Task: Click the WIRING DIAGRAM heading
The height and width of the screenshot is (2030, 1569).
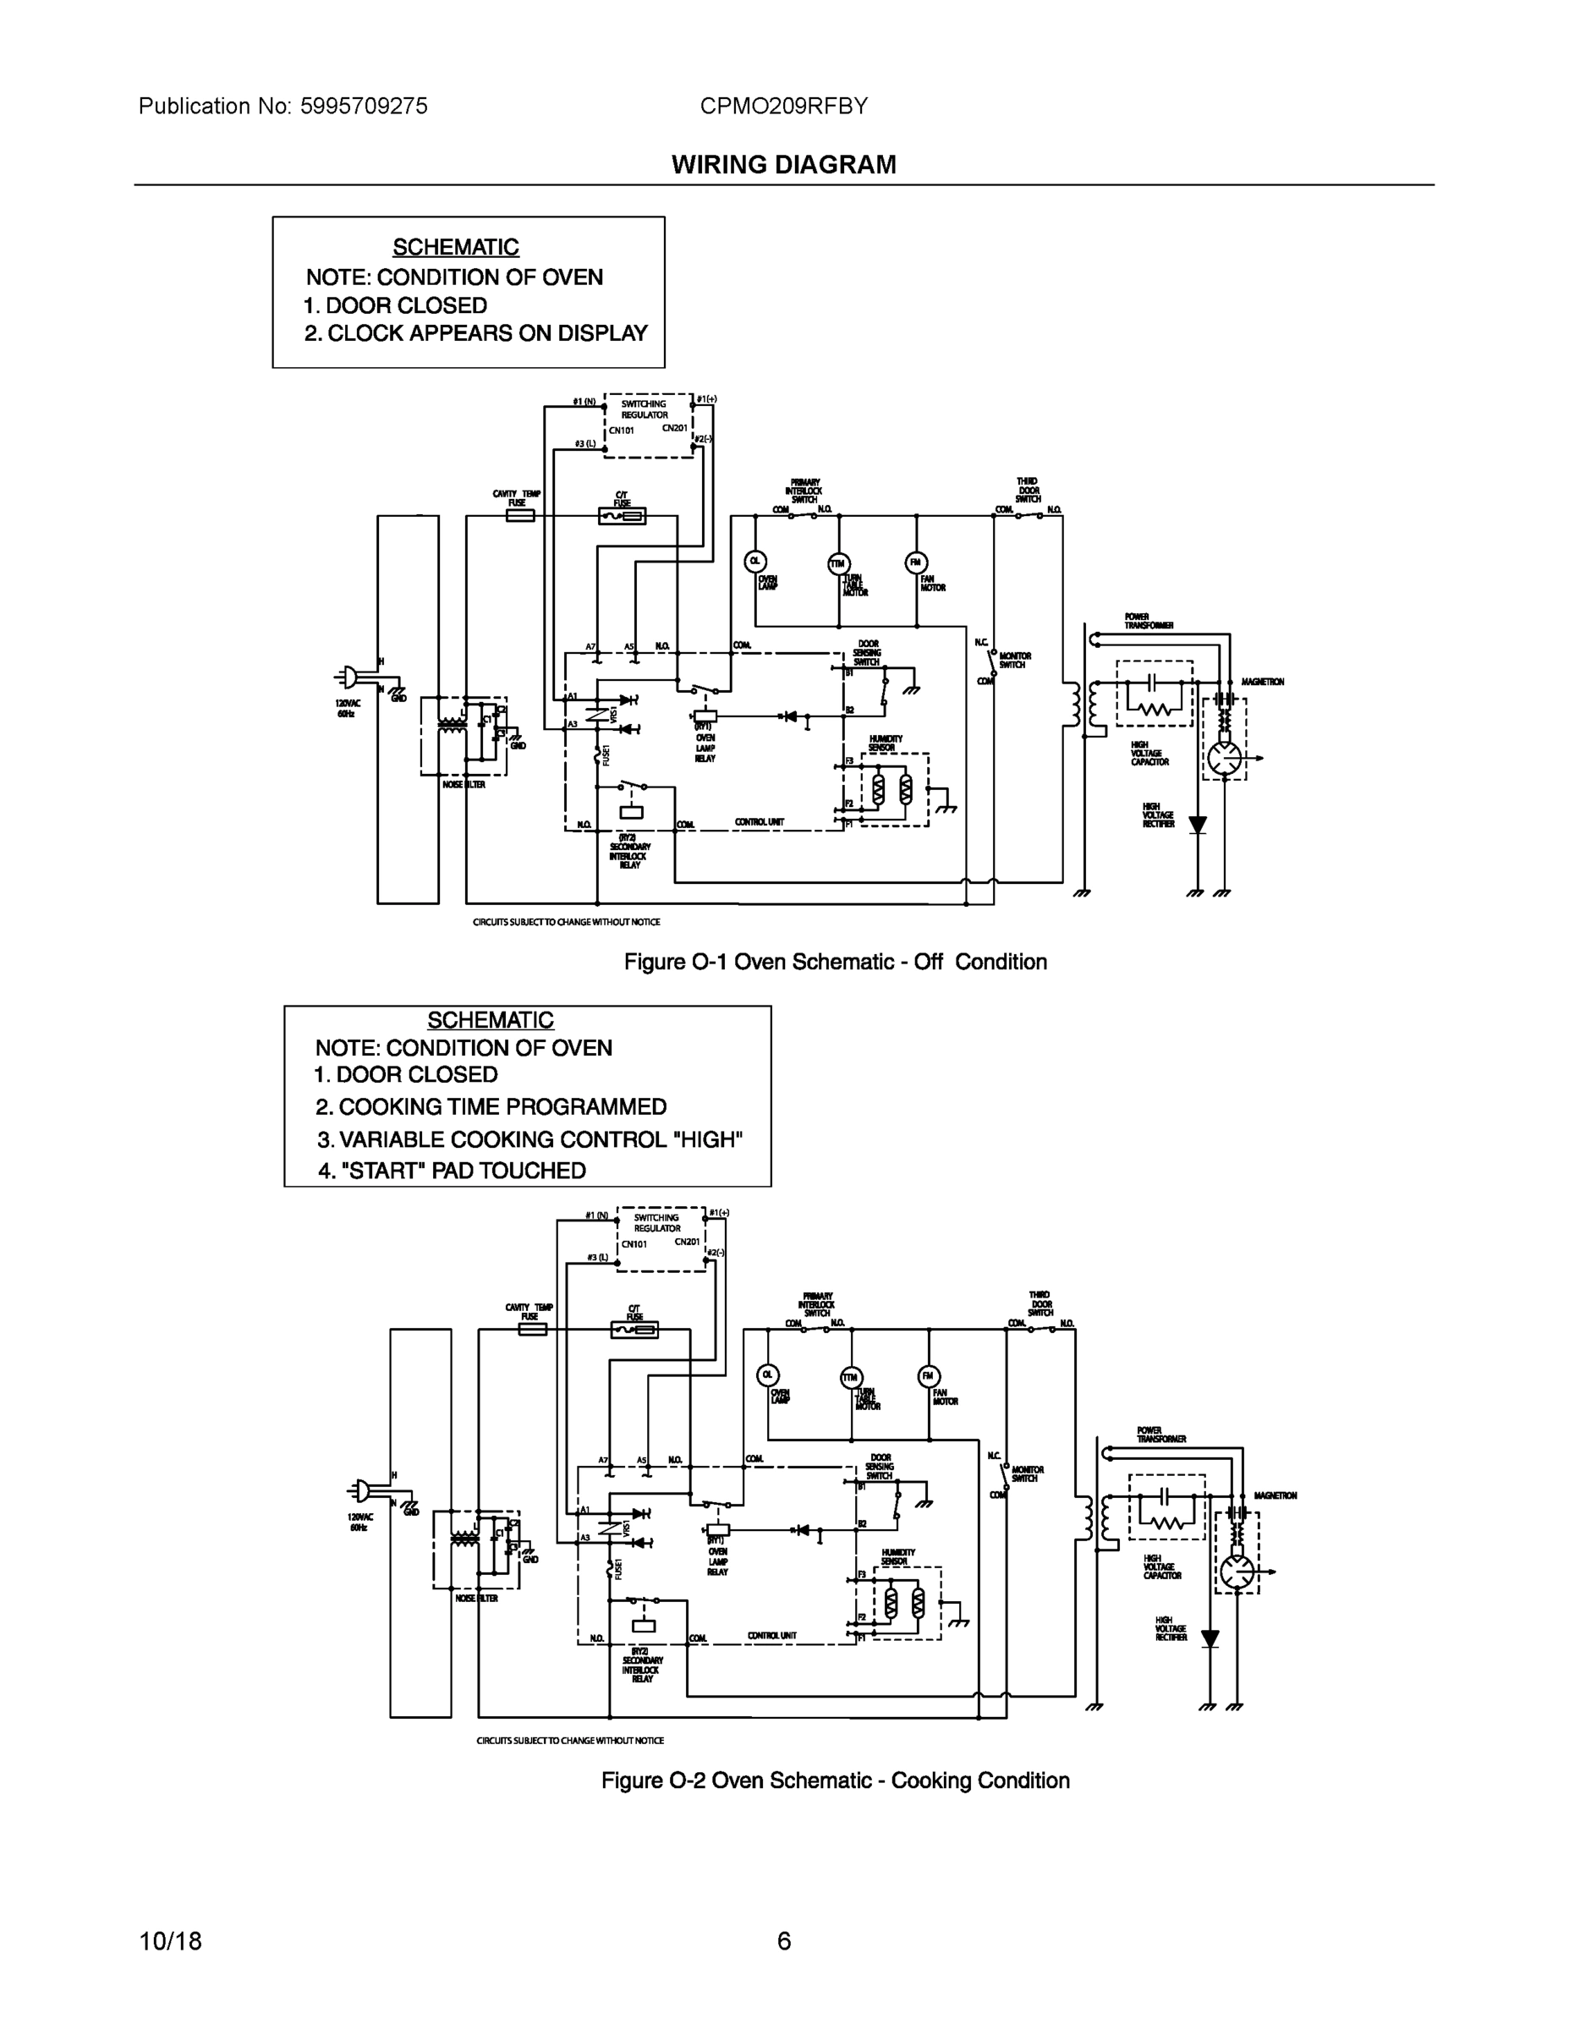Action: tap(783, 165)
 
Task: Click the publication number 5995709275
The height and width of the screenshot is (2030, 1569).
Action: tap(364, 106)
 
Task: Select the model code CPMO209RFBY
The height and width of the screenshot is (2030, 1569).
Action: tap(783, 106)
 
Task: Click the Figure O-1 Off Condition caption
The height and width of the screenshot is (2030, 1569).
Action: tap(835, 962)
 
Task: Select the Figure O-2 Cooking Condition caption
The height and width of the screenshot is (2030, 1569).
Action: tap(835, 1780)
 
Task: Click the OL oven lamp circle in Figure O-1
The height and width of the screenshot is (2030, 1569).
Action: tap(754, 561)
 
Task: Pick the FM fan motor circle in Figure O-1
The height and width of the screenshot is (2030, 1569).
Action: tap(915, 562)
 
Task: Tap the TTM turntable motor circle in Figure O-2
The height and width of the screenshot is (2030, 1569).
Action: tap(851, 1378)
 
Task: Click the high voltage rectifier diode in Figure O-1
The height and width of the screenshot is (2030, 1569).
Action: tap(1197, 825)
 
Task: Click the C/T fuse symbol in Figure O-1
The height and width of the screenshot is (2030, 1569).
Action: tap(622, 516)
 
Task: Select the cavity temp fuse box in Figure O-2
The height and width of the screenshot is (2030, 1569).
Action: tap(532, 1329)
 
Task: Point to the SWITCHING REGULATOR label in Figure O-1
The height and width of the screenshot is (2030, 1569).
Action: tap(645, 410)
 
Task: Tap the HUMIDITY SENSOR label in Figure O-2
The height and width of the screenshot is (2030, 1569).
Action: tap(898, 1557)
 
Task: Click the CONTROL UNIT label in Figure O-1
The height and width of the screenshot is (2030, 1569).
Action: tap(760, 821)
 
